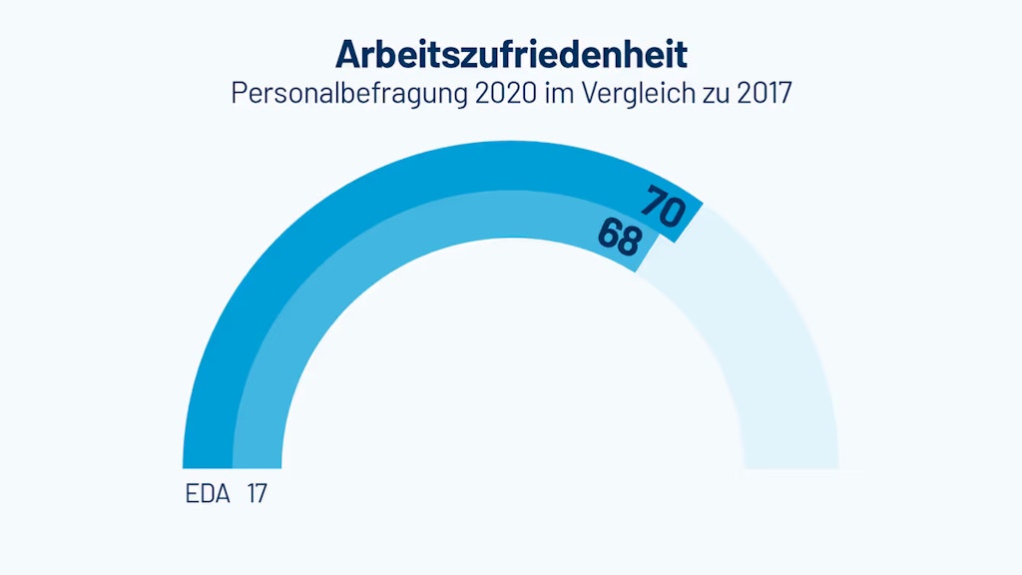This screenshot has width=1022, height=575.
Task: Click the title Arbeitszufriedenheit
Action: (510, 53)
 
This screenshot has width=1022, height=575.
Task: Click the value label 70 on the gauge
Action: (663, 208)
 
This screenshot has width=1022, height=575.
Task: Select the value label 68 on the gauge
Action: (620, 237)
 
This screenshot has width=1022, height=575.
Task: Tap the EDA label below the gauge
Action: (208, 493)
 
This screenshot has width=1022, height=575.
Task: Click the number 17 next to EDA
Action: (255, 493)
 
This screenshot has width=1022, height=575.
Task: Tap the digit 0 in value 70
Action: (672, 214)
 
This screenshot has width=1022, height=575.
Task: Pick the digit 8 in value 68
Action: (629, 243)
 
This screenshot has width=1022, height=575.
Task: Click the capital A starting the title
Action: (347, 53)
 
